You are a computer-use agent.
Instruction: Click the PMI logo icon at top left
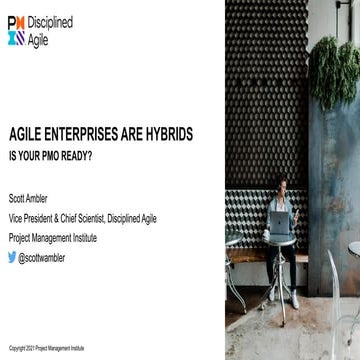pos(17,30)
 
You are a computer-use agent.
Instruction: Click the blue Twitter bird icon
pos(13,257)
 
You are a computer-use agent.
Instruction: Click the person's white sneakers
pos(293,300)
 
